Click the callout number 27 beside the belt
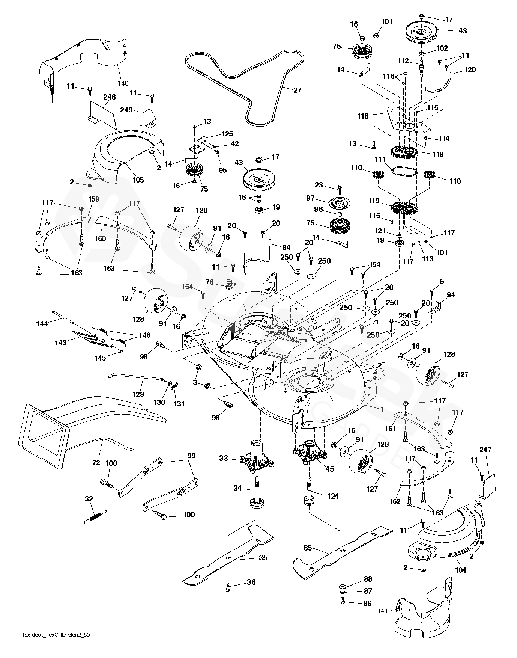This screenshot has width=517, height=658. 297,90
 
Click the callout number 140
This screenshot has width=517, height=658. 123,83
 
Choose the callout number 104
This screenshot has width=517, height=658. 460,570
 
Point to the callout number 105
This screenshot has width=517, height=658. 138,180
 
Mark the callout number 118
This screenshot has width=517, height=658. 363,116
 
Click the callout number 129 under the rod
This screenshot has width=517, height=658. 138,394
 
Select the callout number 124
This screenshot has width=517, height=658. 333,496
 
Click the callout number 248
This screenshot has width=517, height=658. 110,97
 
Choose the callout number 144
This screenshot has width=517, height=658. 42,323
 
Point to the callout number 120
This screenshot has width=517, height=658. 470,69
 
